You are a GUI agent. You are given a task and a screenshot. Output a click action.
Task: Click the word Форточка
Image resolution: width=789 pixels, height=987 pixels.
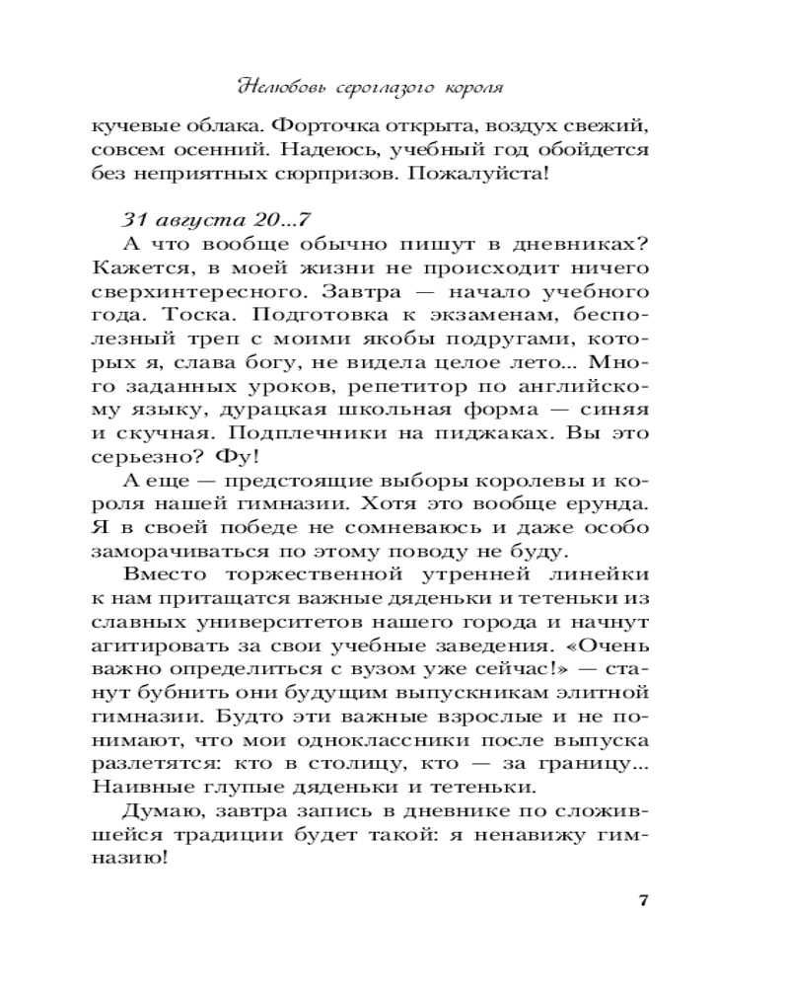323,126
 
